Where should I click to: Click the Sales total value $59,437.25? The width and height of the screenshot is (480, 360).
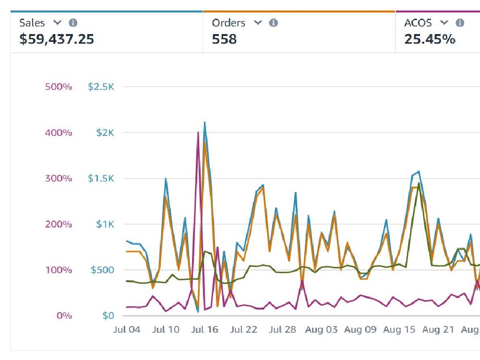point(56,39)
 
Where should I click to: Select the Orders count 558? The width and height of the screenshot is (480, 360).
point(224,39)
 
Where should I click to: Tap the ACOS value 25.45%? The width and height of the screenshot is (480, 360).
point(430,39)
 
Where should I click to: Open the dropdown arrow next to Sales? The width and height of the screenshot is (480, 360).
point(57,23)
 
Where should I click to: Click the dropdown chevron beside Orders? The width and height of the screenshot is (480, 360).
point(258,23)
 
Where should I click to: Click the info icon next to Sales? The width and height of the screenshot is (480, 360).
point(73,23)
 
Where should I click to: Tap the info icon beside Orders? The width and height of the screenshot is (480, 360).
point(274,23)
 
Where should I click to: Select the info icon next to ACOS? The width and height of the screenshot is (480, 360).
point(460,23)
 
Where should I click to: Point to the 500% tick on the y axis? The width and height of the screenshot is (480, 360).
point(59,87)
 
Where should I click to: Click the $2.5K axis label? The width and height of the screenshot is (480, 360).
point(101,87)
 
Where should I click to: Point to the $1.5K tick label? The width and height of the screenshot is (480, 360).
point(101,179)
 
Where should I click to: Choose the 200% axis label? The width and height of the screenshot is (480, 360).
point(59,224)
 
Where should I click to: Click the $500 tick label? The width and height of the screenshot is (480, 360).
point(102,270)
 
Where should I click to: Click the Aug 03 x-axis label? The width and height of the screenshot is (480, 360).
point(322,330)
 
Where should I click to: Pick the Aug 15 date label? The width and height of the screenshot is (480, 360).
point(399,330)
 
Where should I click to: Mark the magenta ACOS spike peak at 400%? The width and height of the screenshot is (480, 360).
point(198,132)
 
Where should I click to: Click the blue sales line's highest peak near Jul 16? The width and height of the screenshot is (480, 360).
point(205,122)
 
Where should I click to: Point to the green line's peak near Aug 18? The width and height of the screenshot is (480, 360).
point(419,183)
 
